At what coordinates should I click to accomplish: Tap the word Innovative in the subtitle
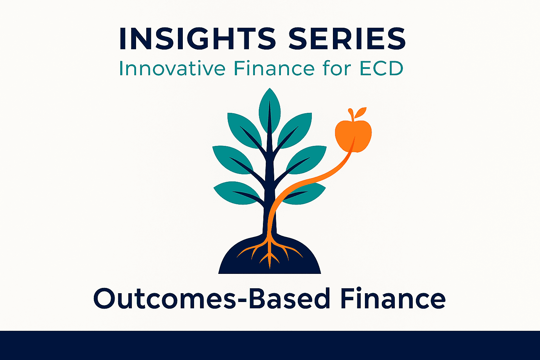[x=172, y=69]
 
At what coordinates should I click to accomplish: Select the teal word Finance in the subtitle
[x=274, y=69]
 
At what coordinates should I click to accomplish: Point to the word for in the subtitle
[x=337, y=69]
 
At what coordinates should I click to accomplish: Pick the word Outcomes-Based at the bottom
[x=212, y=298]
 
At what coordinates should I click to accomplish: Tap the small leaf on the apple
[x=360, y=112]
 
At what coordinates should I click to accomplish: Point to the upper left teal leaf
[x=244, y=130]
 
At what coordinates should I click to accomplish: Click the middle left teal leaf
[x=232, y=160]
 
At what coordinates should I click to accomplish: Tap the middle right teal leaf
[x=307, y=160]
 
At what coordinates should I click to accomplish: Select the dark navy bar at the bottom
[x=270, y=345]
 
